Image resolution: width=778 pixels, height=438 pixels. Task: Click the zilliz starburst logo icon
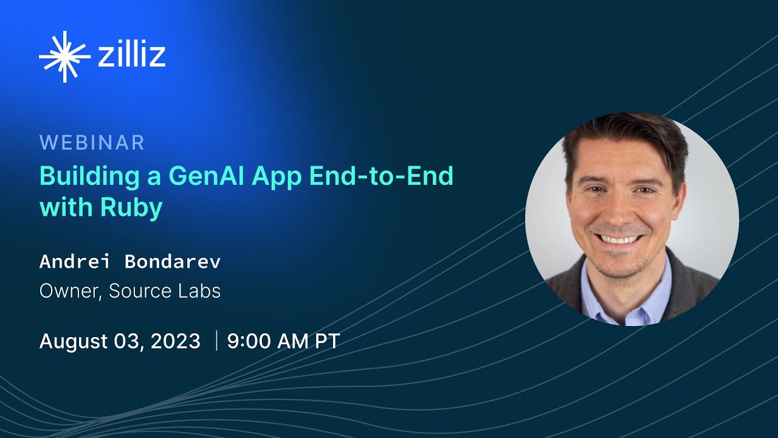point(64,57)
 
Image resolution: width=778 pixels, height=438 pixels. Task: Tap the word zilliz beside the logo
point(131,55)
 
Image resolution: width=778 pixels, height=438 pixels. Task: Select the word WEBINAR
point(92,143)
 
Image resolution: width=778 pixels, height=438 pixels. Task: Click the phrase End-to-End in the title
point(381,176)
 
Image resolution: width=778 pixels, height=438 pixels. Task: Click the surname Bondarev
point(172,262)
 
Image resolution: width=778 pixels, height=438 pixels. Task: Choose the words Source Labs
point(165,291)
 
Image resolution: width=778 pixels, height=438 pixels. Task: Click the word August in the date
point(72,341)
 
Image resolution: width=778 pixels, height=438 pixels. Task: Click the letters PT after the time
point(326,341)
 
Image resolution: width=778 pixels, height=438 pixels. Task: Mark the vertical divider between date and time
point(216,341)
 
